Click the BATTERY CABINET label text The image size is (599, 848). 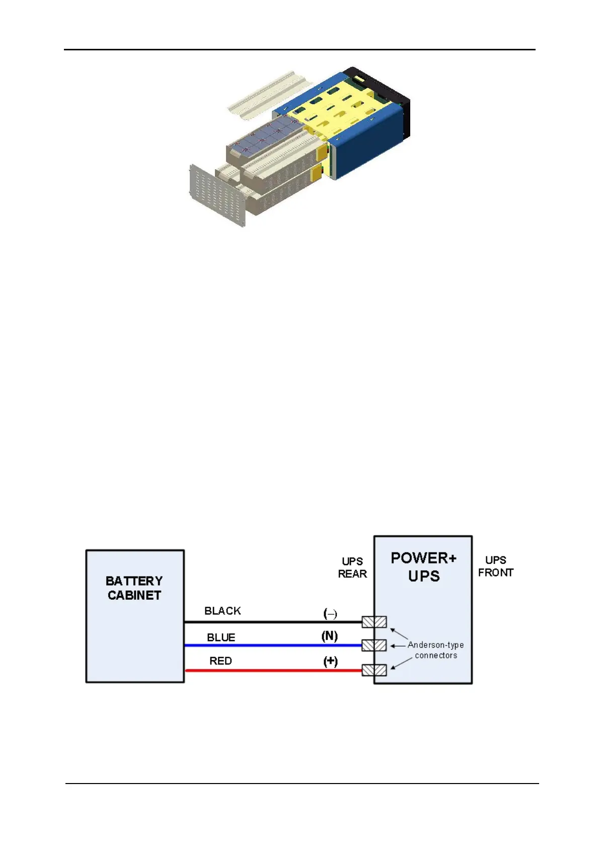tap(134, 588)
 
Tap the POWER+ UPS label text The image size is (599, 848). tap(424, 567)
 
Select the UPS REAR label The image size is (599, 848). tap(352, 568)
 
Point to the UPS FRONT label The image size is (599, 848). tap(495, 567)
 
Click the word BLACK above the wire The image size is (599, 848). tap(222, 611)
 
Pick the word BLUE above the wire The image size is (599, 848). tap(221, 638)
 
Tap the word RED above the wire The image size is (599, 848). tap(220, 661)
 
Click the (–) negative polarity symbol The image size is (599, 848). tap(330, 614)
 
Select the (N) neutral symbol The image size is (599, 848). tap(330, 636)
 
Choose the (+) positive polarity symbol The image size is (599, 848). tap(330, 661)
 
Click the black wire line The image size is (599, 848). tap(272, 622)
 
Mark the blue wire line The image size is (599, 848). tap(272, 645)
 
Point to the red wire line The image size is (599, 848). tap(272, 670)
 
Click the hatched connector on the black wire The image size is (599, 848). tap(375, 622)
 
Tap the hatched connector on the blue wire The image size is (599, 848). tap(375, 645)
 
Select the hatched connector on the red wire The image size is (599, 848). tap(375, 670)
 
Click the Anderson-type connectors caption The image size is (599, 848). tap(435, 650)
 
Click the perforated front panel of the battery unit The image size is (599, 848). tap(216, 194)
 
